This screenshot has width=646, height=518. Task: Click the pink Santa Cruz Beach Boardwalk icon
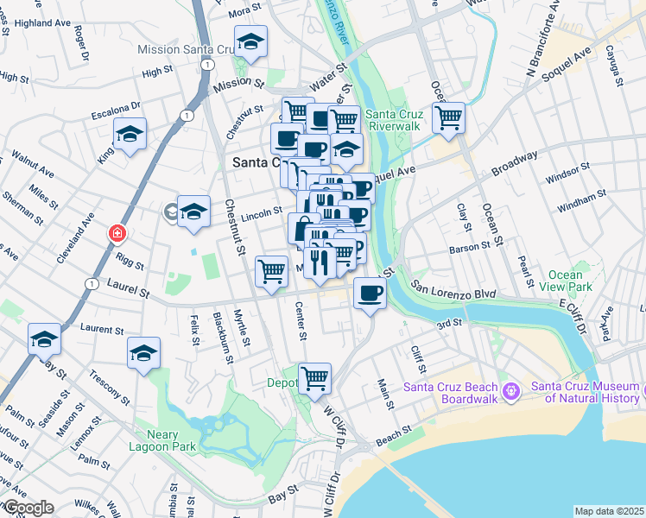tap(510, 392)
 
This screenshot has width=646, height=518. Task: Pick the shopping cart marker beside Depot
tap(314, 376)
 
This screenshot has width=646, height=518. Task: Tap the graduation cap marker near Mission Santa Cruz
tap(250, 41)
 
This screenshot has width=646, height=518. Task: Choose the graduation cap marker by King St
tap(130, 134)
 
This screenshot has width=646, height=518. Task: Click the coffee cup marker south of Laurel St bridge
tap(370, 294)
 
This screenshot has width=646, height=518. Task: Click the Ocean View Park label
tap(565, 281)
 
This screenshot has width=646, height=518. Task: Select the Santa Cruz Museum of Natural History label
tap(586, 392)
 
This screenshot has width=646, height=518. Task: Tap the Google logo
tap(28, 508)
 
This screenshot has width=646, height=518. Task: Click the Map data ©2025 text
tap(610, 511)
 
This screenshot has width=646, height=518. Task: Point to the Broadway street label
tap(514, 163)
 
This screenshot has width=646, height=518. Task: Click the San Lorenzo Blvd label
tap(453, 288)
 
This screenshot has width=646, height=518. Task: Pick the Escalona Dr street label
tap(117, 110)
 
